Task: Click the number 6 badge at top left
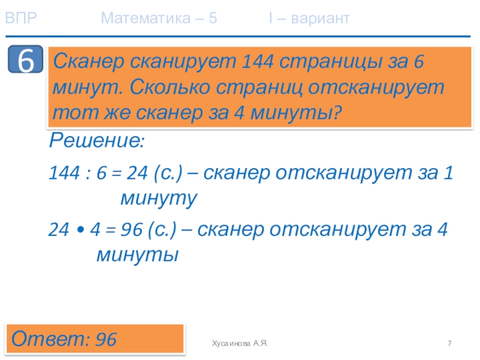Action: click(x=25, y=61)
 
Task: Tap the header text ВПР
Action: click(x=21, y=19)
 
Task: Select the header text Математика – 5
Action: click(x=159, y=19)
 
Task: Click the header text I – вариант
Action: click(x=309, y=19)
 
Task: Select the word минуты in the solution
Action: click(x=138, y=255)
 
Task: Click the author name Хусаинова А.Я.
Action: click(x=239, y=343)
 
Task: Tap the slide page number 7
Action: click(x=449, y=343)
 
